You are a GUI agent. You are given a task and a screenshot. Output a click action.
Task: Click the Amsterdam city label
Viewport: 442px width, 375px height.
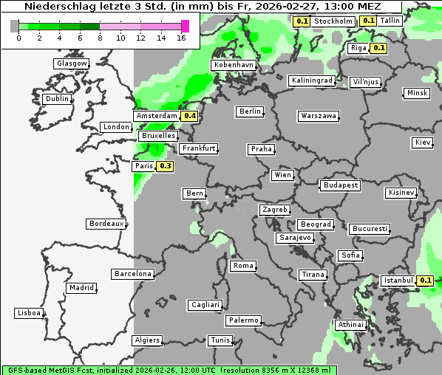[157, 116]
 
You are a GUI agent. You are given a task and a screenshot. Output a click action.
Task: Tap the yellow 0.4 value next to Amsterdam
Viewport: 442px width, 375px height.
[190, 116]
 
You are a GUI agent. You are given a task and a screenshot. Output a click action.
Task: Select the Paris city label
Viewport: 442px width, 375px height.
[143, 166]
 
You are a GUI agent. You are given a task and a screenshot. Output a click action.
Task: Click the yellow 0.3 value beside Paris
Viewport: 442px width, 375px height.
[166, 166]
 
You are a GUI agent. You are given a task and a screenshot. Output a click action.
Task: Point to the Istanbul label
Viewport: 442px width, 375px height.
[398, 281]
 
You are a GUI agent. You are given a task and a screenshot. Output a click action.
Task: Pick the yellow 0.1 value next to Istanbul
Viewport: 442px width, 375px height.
[426, 281]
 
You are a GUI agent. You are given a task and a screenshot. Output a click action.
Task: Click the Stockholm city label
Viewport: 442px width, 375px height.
[333, 21]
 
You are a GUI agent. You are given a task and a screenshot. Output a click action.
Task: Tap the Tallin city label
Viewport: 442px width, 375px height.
[390, 21]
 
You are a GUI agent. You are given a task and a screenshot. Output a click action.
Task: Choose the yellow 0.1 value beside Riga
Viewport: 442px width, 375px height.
[379, 48]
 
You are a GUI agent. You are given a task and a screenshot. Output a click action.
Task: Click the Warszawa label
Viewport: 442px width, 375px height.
[319, 116]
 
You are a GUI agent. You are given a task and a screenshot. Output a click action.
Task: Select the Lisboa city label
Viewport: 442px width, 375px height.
[29, 313]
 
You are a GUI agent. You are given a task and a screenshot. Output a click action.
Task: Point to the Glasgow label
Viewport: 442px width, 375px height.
[72, 63]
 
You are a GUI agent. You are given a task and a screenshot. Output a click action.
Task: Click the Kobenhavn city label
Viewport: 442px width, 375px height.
[234, 65]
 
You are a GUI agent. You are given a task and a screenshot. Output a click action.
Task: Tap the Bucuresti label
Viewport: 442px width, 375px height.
[370, 229]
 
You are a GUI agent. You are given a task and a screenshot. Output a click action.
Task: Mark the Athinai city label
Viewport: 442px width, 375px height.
[350, 325]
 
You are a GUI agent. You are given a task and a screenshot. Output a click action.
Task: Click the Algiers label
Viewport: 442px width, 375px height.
[146, 340]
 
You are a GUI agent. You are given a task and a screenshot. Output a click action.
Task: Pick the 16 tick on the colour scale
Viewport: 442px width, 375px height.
[182, 37]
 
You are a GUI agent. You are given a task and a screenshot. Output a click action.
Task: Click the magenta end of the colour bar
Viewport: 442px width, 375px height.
[185, 26]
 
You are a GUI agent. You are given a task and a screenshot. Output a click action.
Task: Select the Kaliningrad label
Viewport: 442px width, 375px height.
[312, 80]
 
